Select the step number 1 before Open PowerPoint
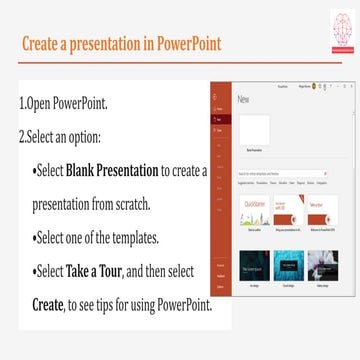[21, 104]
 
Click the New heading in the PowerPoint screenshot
[243, 100]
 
